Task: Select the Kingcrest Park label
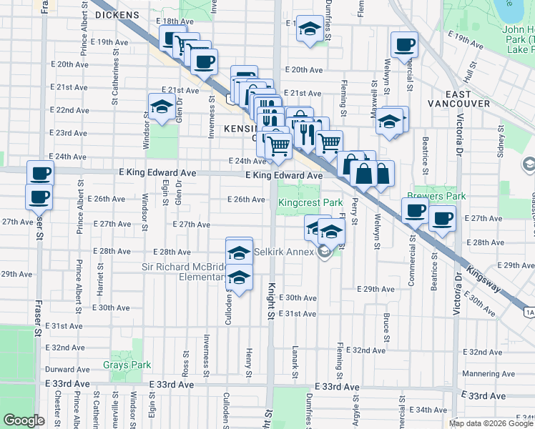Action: [x=310, y=203]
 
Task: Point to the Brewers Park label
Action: [x=436, y=196]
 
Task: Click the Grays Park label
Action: [x=127, y=365]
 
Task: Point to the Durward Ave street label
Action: [x=67, y=370]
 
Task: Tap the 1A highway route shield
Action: [x=529, y=312]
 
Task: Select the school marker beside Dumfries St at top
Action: [x=309, y=29]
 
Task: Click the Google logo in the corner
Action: [x=24, y=420]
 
